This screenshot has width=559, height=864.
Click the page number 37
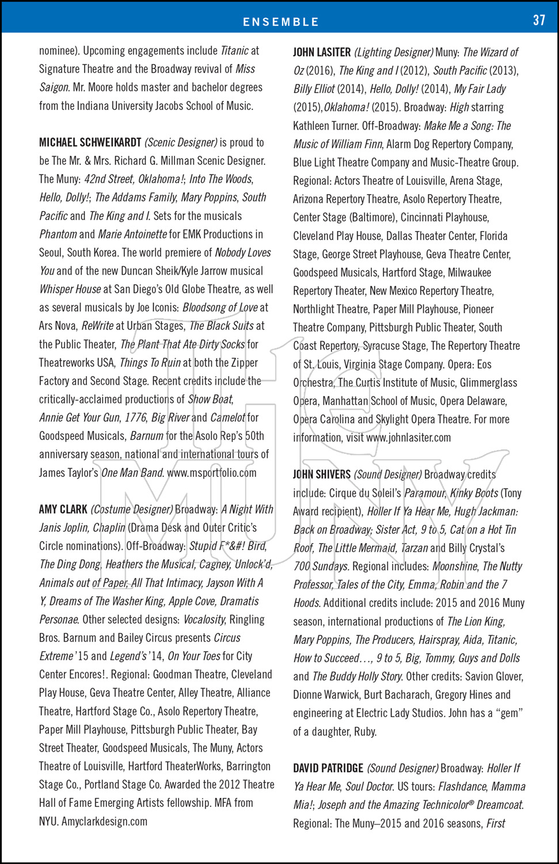pos(539,20)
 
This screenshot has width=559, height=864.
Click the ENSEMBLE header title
pos(280,22)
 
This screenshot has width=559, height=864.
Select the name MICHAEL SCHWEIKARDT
pos(90,142)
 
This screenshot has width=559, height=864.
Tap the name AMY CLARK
pos(63,509)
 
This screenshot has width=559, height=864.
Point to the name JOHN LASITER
pos(321,52)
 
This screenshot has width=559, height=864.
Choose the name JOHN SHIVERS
pos(321,475)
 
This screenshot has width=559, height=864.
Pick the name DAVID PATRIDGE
pos(328,768)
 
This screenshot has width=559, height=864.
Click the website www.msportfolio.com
pos(211,473)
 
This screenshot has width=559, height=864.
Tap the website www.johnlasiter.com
pos(408,438)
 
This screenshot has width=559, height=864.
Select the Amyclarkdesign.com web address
pos(104,821)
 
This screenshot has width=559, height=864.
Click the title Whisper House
pos(69,289)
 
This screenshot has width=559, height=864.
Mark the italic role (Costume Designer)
pos(132,509)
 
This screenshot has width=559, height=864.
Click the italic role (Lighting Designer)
pos(394,52)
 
